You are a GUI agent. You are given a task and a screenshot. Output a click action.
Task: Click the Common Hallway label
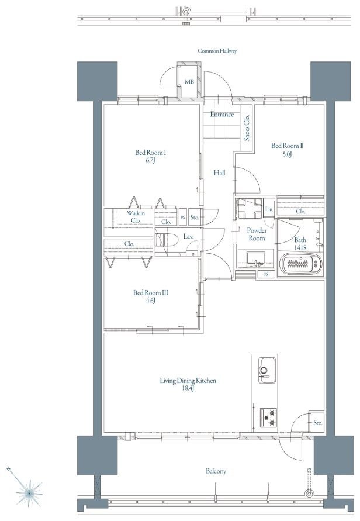217,51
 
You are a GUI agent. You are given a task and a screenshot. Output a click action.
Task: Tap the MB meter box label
189,81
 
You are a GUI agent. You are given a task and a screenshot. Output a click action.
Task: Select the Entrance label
222,115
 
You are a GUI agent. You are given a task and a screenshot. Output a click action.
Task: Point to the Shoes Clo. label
247,128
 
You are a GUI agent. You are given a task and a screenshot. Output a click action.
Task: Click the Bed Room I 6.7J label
150,157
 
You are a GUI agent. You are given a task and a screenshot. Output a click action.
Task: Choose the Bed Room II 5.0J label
287,150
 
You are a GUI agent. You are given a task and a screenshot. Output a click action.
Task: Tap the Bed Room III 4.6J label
150,296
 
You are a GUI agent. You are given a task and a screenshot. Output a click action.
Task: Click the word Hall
219,172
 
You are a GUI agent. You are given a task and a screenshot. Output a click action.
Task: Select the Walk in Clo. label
136,216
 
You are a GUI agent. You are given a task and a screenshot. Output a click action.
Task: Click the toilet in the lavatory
165,240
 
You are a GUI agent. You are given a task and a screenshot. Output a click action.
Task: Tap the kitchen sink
268,371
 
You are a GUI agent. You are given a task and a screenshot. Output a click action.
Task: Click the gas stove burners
268,418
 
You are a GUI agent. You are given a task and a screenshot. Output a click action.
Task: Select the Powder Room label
257,234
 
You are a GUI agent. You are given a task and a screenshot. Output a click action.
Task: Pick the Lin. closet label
269,209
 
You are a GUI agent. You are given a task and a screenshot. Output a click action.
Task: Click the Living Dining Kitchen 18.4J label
188,384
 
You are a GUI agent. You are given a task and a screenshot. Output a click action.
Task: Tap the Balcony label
216,471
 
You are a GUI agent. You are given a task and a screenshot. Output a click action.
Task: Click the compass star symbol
29,493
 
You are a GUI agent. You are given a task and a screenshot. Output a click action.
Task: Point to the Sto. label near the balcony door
318,423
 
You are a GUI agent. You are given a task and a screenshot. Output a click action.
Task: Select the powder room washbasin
256,259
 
